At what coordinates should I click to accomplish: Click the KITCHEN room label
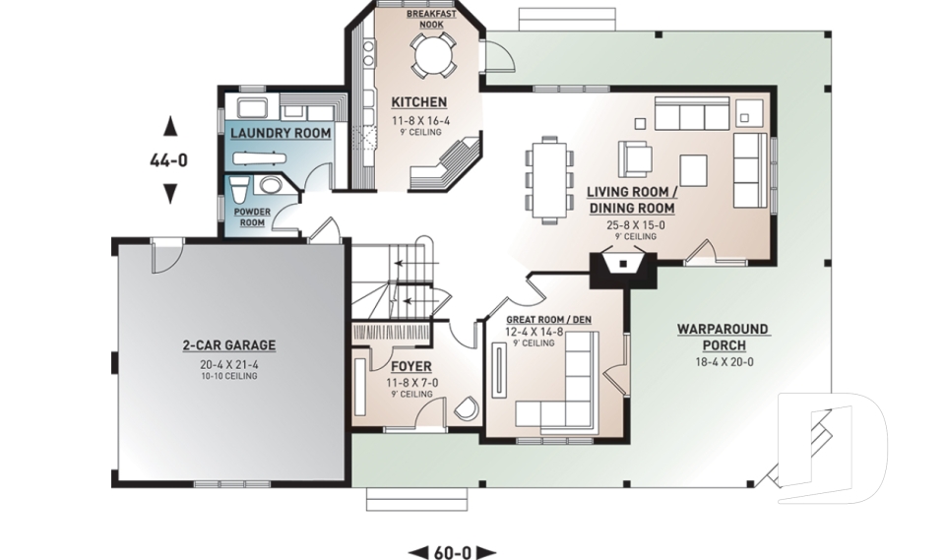click(x=419, y=102)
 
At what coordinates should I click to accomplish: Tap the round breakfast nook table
click(x=431, y=55)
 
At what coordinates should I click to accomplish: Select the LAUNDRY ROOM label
click(x=281, y=133)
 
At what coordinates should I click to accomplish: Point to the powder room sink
click(x=270, y=185)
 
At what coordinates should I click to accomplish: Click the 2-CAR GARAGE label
click(x=229, y=345)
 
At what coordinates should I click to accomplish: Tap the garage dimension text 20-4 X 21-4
click(x=229, y=364)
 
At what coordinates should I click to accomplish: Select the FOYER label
click(x=411, y=366)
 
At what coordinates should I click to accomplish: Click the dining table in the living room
click(x=548, y=179)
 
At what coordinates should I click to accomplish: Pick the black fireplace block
click(x=623, y=271)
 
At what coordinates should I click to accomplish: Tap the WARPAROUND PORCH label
click(x=724, y=338)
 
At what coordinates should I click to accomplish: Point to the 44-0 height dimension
click(x=168, y=160)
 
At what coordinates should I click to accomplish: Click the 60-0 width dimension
click(x=452, y=552)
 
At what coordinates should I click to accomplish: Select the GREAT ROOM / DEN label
click(x=548, y=320)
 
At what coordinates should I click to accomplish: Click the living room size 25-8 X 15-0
click(x=635, y=224)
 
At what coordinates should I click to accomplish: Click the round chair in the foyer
click(x=466, y=408)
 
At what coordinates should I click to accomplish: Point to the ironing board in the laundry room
click(x=258, y=158)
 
